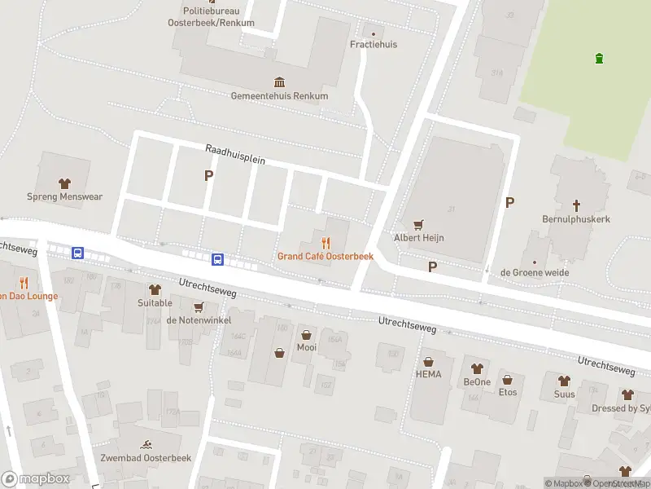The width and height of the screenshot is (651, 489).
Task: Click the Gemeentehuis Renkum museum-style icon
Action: coord(280,82)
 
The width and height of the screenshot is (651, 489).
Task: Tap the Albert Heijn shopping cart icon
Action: coord(419,224)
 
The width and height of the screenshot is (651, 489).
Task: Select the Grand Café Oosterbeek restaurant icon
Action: coord(325,243)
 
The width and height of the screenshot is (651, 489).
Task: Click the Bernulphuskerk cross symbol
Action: coord(577,205)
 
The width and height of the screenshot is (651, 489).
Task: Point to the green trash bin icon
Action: coord(599,58)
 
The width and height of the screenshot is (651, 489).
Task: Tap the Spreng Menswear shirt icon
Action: coord(64,183)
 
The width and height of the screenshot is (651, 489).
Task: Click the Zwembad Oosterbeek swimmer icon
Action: coord(146,444)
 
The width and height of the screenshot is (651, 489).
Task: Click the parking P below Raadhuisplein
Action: coord(208,175)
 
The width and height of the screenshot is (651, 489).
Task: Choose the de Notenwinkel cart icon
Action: coord(198,306)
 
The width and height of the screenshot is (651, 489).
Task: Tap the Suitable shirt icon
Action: coord(155,289)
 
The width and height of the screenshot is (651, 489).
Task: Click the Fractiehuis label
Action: coord(374,44)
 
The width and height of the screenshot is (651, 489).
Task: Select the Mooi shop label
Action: coord(306,347)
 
